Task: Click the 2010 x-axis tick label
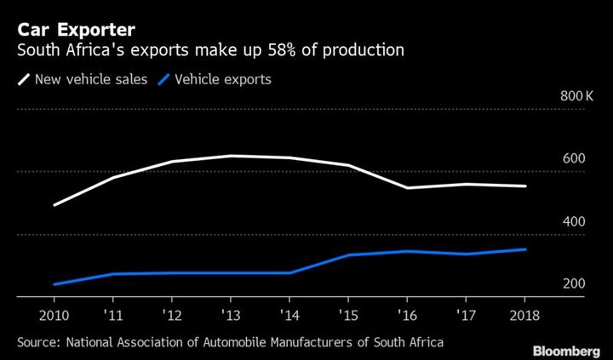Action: click(54, 312)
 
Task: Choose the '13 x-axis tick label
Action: click(231, 312)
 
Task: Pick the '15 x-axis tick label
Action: click(348, 312)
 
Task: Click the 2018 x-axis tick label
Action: click(524, 312)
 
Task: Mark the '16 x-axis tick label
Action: click(407, 312)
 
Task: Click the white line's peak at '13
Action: click(231, 156)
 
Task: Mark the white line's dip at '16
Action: click(407, 187)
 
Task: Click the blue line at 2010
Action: click(54, 284)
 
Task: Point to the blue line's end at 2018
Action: click(524, 249)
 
